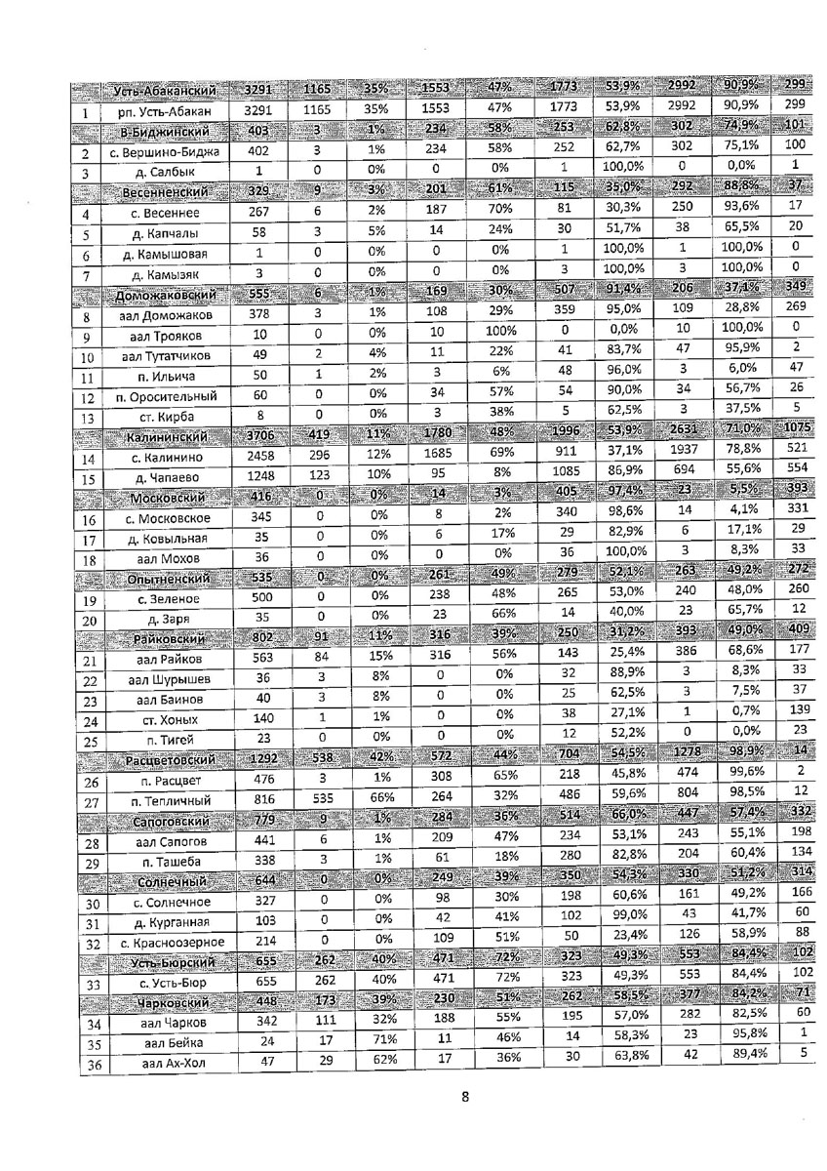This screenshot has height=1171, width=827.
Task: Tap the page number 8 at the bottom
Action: [465, 1097]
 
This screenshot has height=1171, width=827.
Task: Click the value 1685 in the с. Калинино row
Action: [437, 457]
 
